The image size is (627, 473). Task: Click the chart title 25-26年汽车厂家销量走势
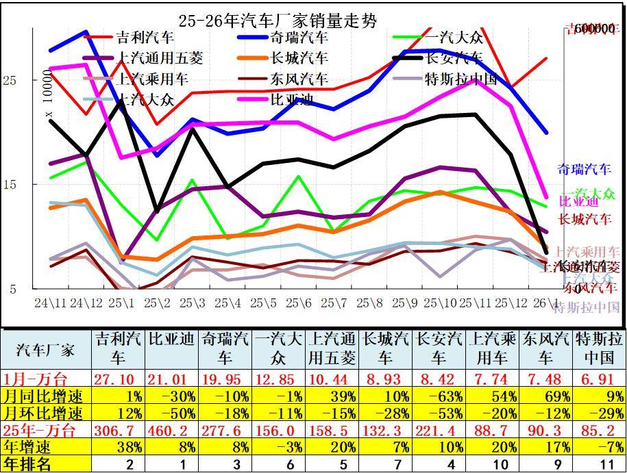(277, 21)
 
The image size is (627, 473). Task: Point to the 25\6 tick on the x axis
(299, 302)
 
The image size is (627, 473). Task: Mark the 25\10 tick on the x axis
(441, 302)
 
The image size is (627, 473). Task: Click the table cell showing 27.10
(118, 379)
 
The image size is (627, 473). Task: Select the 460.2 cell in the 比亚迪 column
(171, 431)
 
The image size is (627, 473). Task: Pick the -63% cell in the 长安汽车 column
(439, 396)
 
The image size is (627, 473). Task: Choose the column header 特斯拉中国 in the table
(599, 348)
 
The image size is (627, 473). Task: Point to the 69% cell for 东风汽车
(545, 396)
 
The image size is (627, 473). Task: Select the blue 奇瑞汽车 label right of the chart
(583, 169)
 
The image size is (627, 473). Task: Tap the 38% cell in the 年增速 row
(118, 447)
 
